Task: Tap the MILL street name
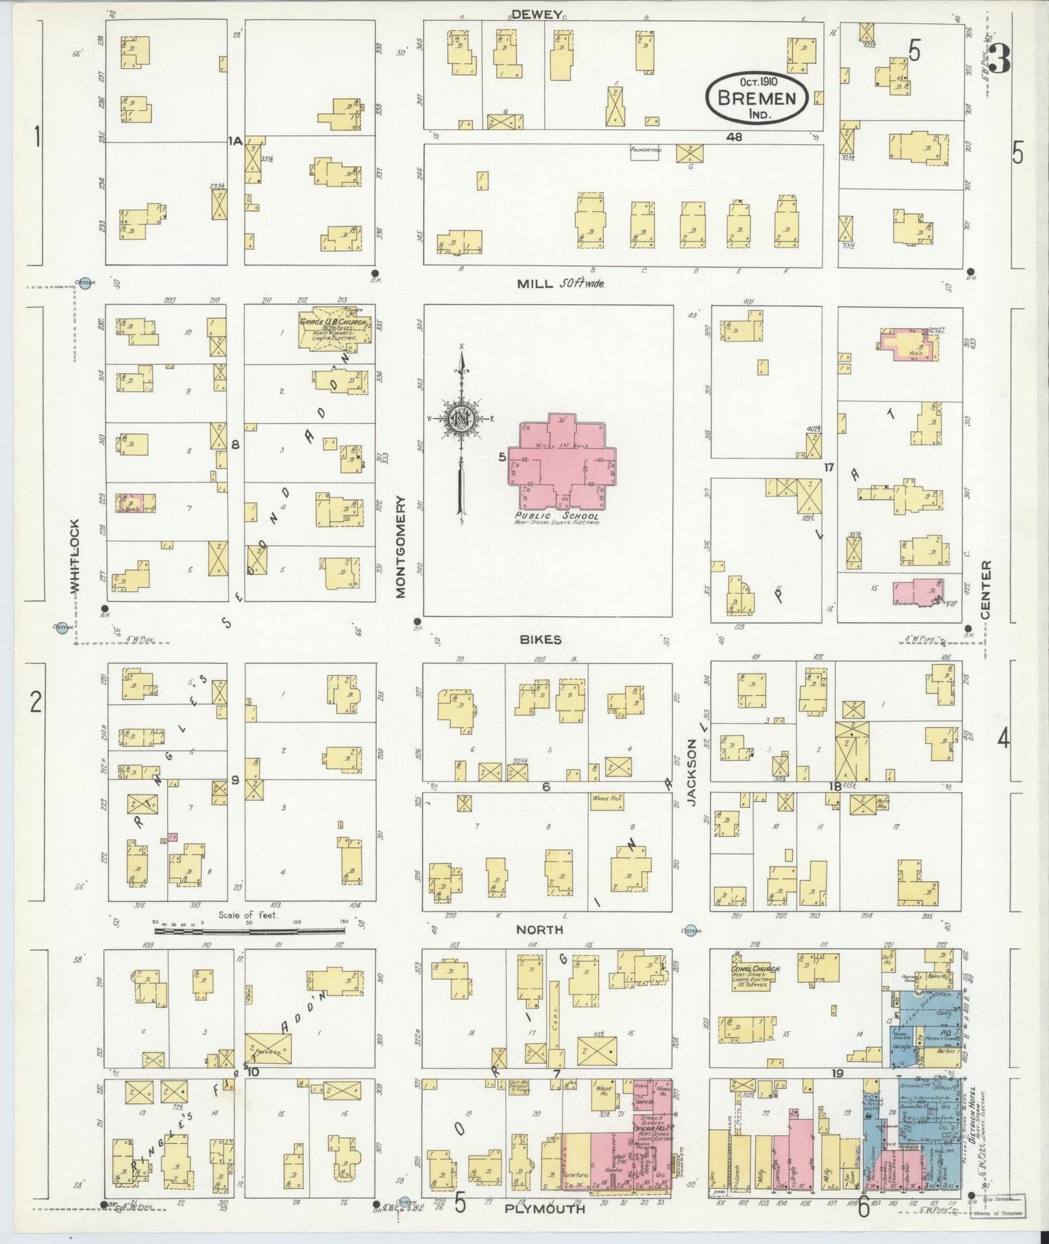coord(535,284)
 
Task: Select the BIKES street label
coord(540,639)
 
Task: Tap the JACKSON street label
coord(692,772)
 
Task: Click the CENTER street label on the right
coord(985,589)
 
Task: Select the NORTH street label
coord(539,929)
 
